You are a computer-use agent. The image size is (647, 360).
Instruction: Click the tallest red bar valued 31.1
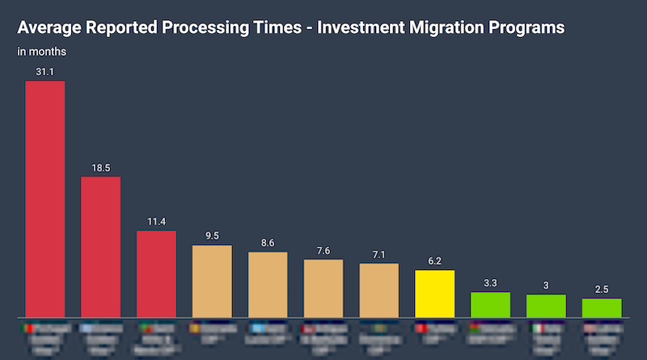45,198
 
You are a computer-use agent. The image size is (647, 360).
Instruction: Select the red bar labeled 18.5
101,246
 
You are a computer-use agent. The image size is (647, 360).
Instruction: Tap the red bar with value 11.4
156,273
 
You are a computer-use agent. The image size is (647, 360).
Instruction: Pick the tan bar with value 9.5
212,281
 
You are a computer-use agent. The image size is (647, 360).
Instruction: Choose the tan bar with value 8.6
268,284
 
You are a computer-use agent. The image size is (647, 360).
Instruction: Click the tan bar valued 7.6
323,288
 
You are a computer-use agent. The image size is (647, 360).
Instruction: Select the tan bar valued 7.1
379,290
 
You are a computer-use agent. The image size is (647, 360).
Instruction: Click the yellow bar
435,293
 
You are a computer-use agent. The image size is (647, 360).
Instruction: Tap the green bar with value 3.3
491,304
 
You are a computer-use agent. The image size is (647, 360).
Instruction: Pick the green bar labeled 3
546,305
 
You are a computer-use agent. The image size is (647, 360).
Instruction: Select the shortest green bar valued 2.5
602,307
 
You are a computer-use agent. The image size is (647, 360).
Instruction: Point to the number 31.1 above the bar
45,72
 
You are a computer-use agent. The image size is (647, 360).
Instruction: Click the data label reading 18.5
101,167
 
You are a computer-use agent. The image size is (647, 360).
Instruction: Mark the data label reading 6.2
435,261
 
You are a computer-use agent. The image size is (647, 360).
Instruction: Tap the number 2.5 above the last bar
602,290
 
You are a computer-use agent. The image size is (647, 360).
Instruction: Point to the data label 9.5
212,236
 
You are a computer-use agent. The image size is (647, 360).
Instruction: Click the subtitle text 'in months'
42,52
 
